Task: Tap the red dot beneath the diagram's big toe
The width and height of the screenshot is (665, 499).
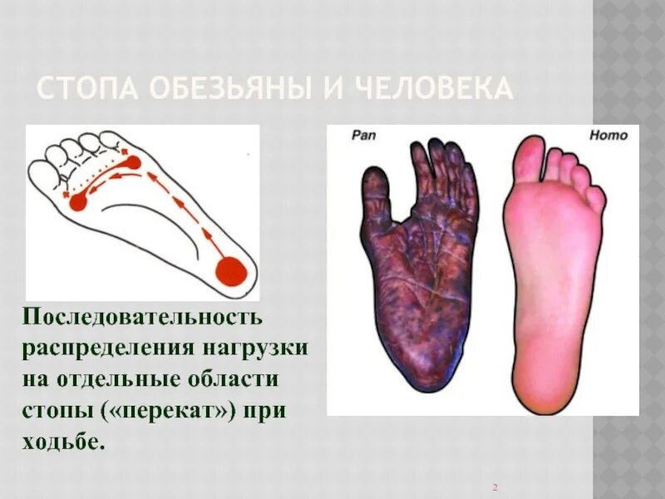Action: tap(78, 200)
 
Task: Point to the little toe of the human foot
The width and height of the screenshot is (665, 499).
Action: tap(595, 198)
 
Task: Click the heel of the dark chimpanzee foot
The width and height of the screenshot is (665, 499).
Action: tap(424, 366)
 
